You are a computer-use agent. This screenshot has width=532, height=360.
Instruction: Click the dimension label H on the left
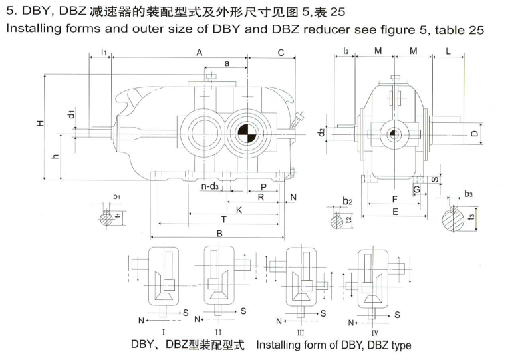40,124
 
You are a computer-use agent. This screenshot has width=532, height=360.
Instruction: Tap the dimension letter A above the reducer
199,52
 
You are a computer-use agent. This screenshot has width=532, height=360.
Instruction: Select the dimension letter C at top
281,52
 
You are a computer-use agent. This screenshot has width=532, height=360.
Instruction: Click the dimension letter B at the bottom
219,233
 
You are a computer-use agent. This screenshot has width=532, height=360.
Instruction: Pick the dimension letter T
224,219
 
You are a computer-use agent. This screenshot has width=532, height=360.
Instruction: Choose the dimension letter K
238,210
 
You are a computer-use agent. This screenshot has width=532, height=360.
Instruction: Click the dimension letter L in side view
448,51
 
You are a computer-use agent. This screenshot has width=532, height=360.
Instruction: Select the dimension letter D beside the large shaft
474,134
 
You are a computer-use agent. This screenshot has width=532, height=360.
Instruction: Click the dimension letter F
395,199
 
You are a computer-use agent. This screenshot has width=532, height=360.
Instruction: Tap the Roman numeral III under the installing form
301,331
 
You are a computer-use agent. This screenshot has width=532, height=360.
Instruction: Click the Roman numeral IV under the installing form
375,331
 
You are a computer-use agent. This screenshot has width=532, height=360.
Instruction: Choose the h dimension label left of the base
55,157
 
